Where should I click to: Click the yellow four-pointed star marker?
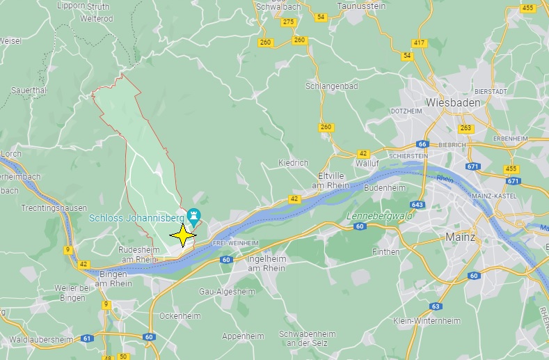[x=183, y=235]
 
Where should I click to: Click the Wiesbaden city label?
[x=453, y=102]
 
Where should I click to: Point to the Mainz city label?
[x=460, y=237]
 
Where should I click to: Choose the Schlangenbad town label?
[x=331, y=86]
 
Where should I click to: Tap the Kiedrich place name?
[x=293, y=163]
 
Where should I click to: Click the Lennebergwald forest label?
[x=379, y=216]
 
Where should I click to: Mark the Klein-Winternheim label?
[x=427, y=321]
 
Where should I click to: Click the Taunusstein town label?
[x=361, y=6]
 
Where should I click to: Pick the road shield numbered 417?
[x=419, y=43]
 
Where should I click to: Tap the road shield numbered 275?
[x=289, y=22]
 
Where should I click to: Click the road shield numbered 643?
[x=417, y=205]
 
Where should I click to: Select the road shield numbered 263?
[x=466, y=128]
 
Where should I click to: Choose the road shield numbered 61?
[x=87, y=338]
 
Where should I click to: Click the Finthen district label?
[x=386, y=251]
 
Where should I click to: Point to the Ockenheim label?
[x=180, y=315]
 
